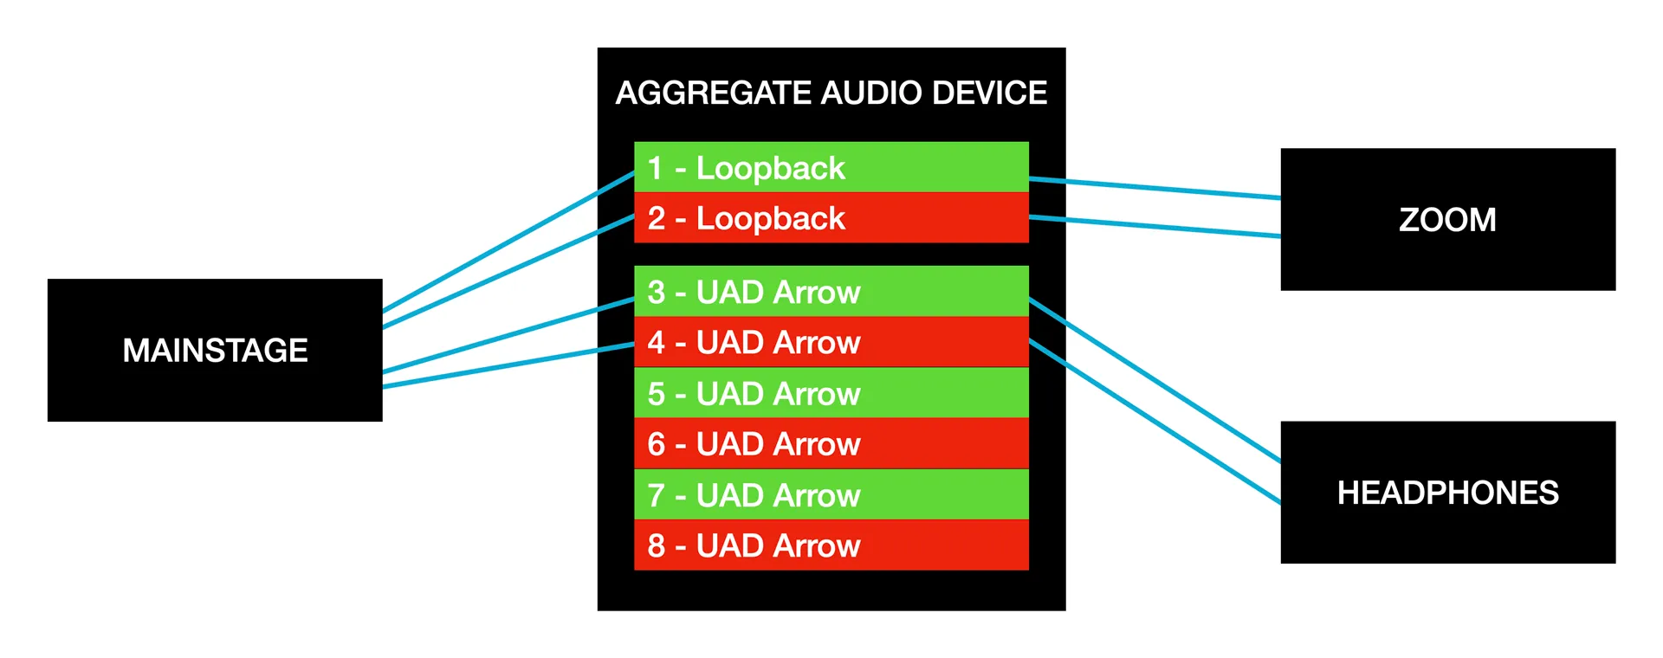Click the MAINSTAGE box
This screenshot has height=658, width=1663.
pyautogui.click(x=215, y=350)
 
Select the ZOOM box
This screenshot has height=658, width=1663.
pyautogui.click(x=1447, y=219)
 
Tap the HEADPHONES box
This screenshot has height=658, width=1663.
pyautogui.click(x=1447, y=492)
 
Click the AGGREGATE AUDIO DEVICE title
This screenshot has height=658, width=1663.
pyautogui.click(x=831, y=93)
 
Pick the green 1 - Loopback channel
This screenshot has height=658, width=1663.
pyautogui.click(x=831, y=167)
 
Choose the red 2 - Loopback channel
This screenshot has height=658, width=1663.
pyautogui.click(x=831, y=217)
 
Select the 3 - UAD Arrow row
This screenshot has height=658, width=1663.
pyautogui.click(x=831, y=291)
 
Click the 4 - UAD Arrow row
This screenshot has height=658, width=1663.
pyautogui.click(x=831, y=342)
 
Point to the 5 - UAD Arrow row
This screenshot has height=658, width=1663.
pyautogui.click(x=831, y=393)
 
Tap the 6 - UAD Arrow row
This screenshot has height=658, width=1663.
pyautogui.click(x=831, y=443)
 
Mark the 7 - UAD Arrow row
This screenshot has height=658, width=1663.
pyautogui.click(x=831, y=494)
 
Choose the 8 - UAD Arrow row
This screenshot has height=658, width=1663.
pyautogui.click(x=831, y=545)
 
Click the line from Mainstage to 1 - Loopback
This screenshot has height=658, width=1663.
pyautogui.click(x=508, y=242)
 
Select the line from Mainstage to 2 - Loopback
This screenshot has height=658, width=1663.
pyautogui.click(x=508, y=271)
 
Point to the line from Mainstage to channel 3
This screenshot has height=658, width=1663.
pyautogui.click(x=508, y=336)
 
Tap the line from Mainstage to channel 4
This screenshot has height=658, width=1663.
pyautogui.click(x=508, y=365)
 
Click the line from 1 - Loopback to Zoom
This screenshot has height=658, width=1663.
pyautogui.click(x=1155, y=188)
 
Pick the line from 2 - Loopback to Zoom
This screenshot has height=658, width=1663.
pyautogui.click(x=1155, y=226)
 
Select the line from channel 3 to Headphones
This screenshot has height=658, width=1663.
pyautogui.click(x=1155, y=379)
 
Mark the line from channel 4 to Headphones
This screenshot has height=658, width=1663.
pyautogui.click(x=1155, y=421)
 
